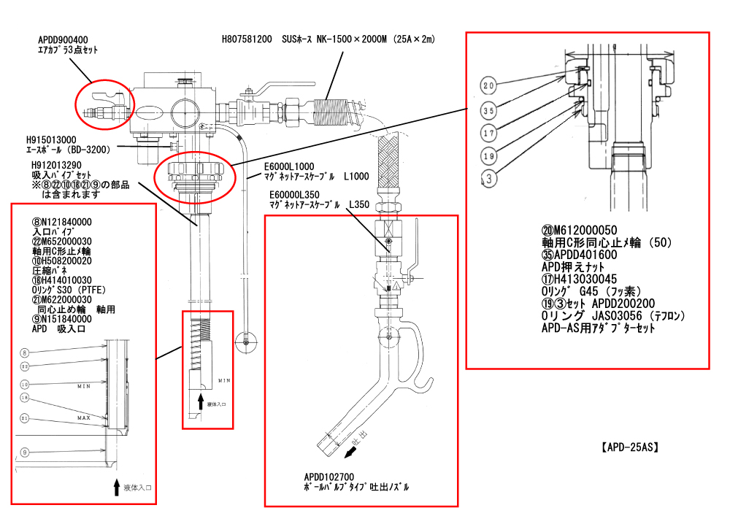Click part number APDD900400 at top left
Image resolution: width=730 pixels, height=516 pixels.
[62, 39]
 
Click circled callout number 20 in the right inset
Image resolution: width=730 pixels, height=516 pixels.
[488, 85]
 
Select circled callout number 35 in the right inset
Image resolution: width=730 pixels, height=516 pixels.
[488, 111]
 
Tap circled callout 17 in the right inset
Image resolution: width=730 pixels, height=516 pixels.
[488, 134]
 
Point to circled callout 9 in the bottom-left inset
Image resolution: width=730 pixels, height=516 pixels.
[24, 453]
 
